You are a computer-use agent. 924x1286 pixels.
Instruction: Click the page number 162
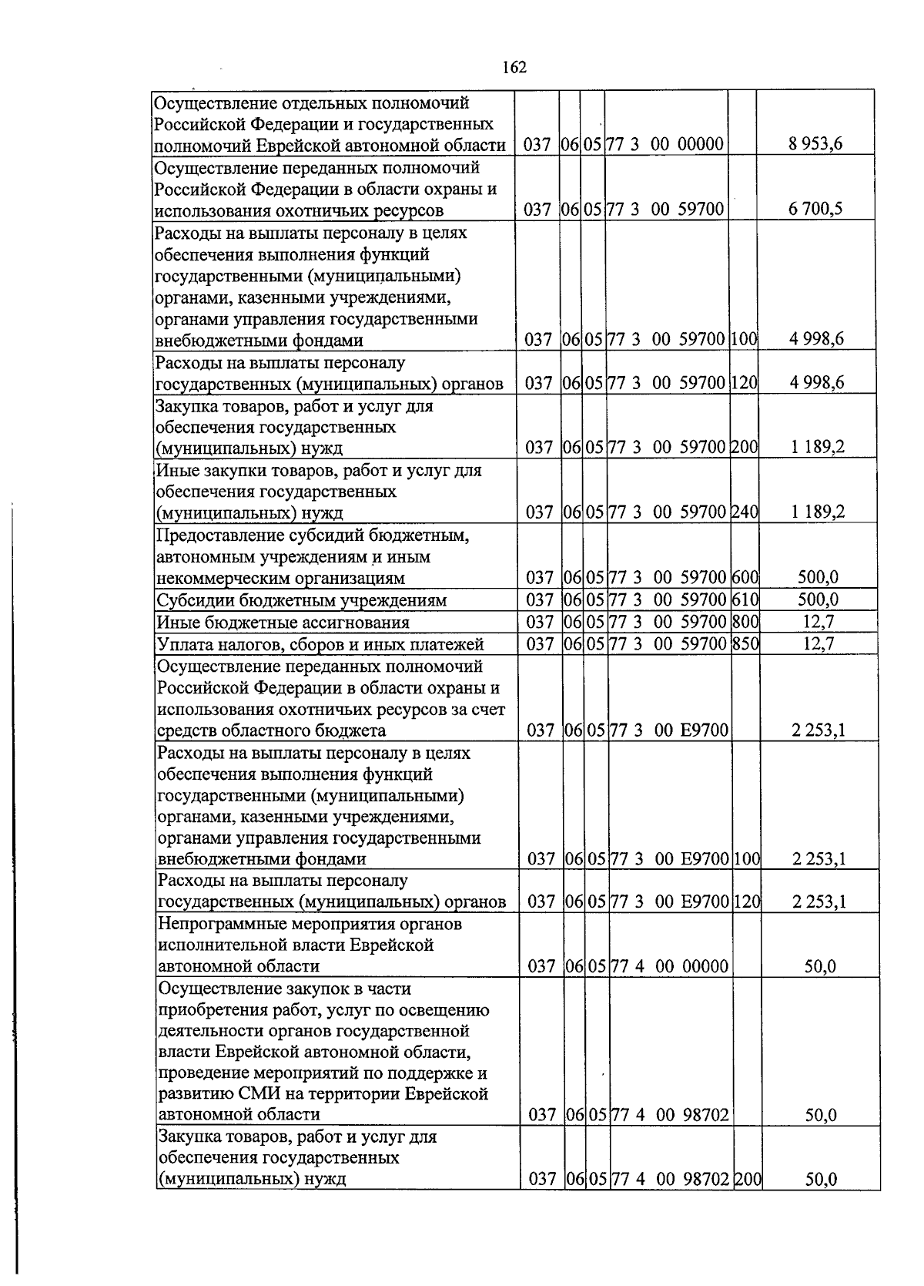pyautogui.click(x=514, y=67)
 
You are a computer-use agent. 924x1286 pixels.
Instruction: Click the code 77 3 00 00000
pyautogui.click(x=666, y=144)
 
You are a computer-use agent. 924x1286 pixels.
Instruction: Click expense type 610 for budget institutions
pyautogui.click(x=745, y=599)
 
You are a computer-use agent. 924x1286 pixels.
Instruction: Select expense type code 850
pyautogui.click(x=745, y=643)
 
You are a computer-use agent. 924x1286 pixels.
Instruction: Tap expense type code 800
pyautogui.click(x=745, y=621)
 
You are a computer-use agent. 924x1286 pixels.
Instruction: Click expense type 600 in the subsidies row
pyautogui.click(x=745, y=577)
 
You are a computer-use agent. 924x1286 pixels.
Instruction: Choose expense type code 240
pyautogui.click(x=744, y=512)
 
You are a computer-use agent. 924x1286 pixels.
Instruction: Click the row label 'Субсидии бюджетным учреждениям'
pyautogui.click(x=301, y=600)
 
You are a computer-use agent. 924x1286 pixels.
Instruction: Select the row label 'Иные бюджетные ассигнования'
pyautogui.click(x=283, y=622)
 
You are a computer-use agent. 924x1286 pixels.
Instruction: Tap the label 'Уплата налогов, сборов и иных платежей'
pyautogui.click(x=320, y=644)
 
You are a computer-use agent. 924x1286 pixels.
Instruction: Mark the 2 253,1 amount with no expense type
pyautogui.click(x=819, y=730)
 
